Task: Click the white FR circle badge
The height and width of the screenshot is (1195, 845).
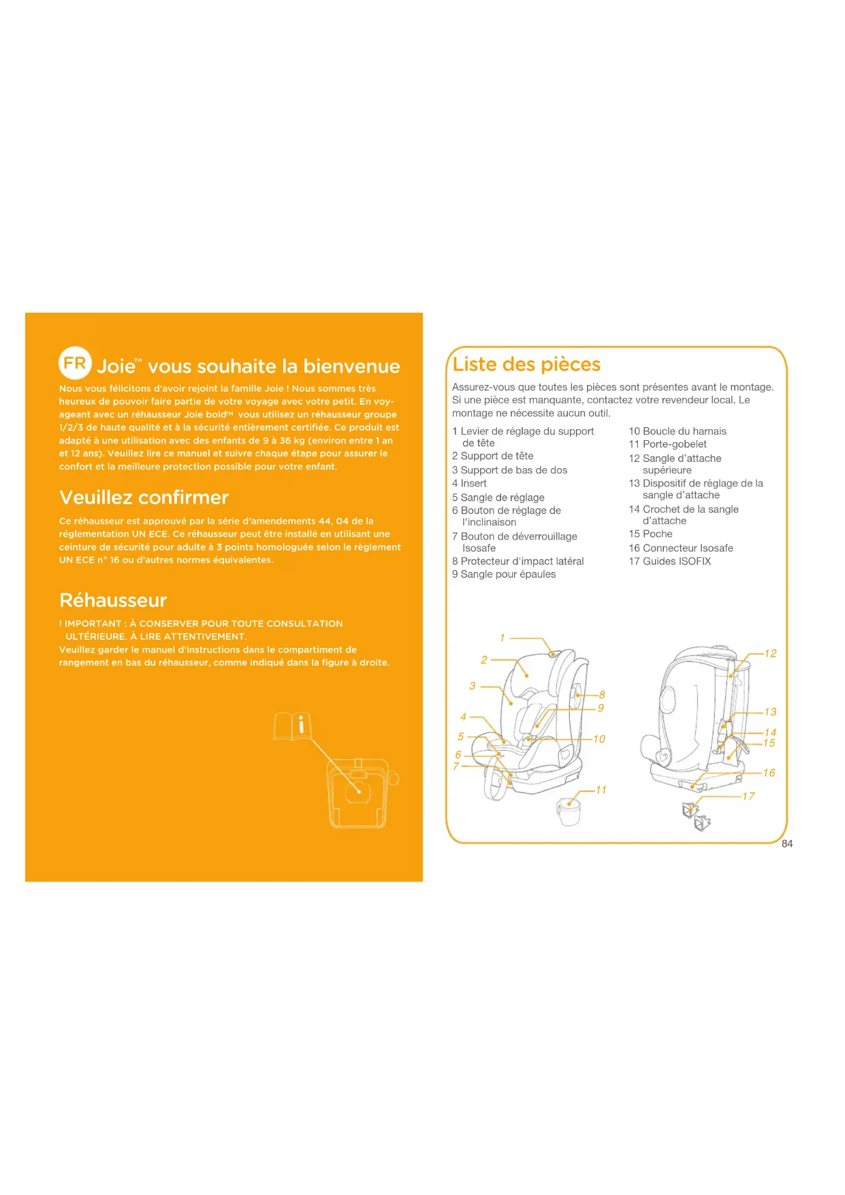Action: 75,362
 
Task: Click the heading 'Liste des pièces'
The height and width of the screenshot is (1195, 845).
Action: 526,364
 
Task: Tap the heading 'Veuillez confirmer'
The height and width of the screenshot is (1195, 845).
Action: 144,497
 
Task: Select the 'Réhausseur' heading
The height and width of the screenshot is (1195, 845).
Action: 113,600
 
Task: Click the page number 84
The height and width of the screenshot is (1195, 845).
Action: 787,844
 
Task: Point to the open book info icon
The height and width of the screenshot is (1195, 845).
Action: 293,726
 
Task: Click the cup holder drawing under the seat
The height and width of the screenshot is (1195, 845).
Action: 569,812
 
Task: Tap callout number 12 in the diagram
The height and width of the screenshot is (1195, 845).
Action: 770,653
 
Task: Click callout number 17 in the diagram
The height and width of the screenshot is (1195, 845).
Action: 748,796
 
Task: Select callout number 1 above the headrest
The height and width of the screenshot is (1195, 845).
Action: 503,638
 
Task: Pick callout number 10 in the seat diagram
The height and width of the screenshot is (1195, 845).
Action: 599,739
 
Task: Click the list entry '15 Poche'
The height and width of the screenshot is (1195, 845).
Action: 650,534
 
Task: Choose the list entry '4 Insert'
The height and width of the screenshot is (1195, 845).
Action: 469,484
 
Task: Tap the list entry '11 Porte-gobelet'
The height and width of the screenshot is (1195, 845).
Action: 667,444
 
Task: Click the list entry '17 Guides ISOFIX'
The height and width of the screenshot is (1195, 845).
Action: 669,561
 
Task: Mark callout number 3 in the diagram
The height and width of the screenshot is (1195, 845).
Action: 473,686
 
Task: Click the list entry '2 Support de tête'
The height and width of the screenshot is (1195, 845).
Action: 493,456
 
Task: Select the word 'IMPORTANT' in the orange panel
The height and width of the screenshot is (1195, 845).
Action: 93,624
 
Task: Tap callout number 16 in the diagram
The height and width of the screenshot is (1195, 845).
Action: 769,773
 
